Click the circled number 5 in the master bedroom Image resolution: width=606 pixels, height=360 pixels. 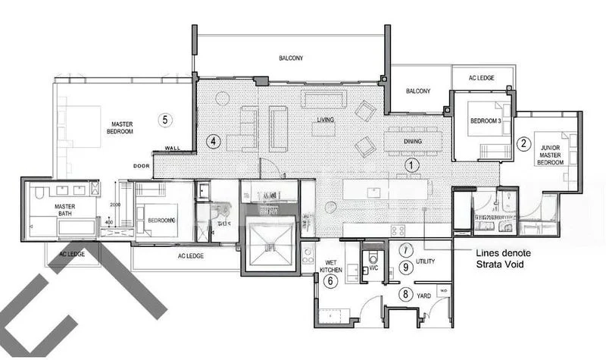coord(166,119)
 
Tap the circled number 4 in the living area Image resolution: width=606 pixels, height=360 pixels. coord(214,141)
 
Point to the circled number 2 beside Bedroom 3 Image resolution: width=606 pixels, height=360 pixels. coord(523,141)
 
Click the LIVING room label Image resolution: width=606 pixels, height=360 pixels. coord(326,121)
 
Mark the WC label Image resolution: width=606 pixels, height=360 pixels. coord(373,268)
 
